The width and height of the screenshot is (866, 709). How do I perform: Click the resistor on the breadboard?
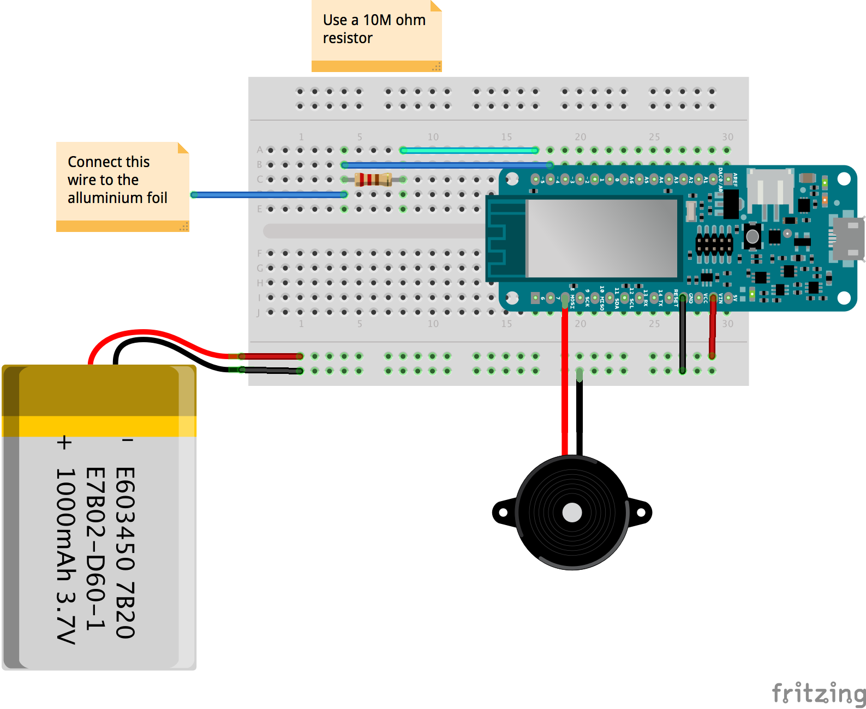(373, 179)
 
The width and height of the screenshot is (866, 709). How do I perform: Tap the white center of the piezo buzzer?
(572, 513)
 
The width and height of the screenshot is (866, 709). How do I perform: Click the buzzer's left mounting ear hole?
(503, 513)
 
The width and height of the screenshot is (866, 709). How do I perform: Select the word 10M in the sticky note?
(377, 20)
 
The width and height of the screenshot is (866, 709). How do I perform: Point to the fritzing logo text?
(818, 693)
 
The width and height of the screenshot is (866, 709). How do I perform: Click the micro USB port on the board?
(847, 239)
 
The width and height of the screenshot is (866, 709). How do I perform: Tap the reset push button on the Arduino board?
(752, 236)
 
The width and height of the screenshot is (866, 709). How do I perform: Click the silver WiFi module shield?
(601, 238)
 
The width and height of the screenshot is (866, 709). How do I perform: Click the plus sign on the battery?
(64, 442)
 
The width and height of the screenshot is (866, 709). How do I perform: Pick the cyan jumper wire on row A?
(469, 150)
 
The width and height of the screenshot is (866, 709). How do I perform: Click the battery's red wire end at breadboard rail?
(300, 356)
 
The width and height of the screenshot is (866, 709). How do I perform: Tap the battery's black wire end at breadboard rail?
(300, 371)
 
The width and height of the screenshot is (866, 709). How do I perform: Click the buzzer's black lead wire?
(580, 415)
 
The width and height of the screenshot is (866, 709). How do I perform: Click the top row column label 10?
(433, 137)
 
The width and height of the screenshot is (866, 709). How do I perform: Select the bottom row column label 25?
(654, 324)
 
